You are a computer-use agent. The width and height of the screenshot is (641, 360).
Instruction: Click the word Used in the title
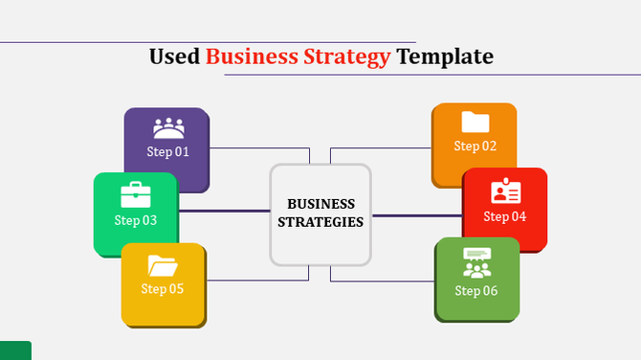click(x=174, y=56)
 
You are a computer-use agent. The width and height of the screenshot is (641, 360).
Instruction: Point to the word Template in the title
click(x=445, y=56)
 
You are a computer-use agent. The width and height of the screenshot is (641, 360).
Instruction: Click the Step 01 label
click(x=167, y=151)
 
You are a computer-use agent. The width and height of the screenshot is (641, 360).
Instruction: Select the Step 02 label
click(x=475, y=146)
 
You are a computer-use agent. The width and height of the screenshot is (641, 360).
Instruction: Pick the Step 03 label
click(x=135, y=220)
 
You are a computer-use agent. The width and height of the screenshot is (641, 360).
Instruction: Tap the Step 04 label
click(x=505, y=216)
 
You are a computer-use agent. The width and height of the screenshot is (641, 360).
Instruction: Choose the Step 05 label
click(x=162, y=288)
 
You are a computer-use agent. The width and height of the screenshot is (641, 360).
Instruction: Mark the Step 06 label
click(x=476, y=291)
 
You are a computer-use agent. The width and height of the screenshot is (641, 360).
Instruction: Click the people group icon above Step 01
click(x=168, y=127)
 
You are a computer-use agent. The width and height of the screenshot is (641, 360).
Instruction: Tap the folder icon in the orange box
click(x=475, y=122)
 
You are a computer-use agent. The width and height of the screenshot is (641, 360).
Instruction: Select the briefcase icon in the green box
click(x=136, y=195)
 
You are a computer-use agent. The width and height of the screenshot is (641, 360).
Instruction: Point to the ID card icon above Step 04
click(x=505, y=191)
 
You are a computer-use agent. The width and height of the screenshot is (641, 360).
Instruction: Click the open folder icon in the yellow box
click(x=162, y=264)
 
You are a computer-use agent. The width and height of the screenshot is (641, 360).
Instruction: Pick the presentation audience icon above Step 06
click(x=476, y=262)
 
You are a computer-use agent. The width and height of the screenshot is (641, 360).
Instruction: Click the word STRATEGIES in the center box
click(x=320, y=222)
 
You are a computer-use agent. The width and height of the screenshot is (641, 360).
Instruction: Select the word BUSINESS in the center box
click(x=320, y=204)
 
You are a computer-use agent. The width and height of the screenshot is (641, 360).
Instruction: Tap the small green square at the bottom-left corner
click(x=15, y=350)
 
